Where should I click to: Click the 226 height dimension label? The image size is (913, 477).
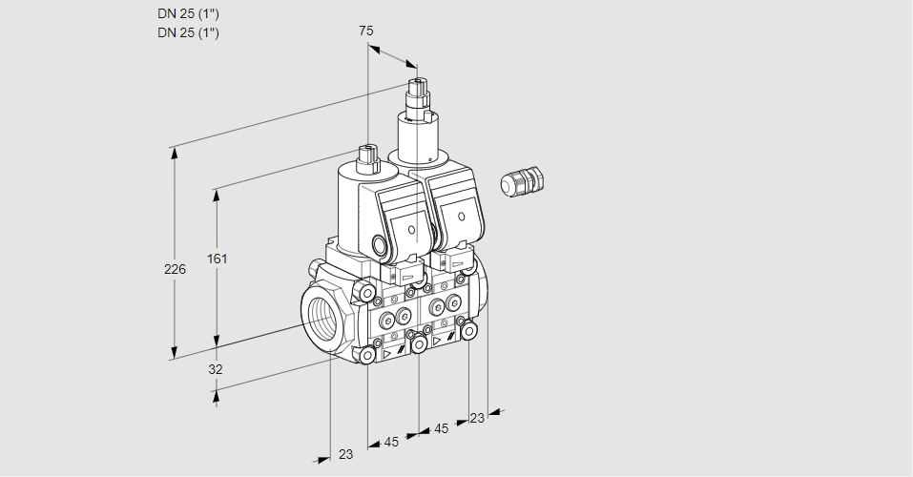pyautogui.click(x=175, y=271)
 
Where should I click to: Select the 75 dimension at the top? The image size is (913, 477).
pyautogui.click(x=365, y=31)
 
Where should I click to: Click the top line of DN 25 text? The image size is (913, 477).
pyautogui.click(x=188, y=14)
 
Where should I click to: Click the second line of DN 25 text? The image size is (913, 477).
pyautogui.click(x=188, y=32)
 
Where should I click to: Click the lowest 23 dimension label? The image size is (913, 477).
pyautogui.click(x=345, y=454)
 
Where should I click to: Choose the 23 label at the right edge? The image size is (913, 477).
pyautogui.click(x=477, y=418)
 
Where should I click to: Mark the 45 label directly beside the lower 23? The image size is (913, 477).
pyautogui.click(x=391, y=442)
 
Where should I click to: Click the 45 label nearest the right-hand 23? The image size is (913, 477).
pyautogui.click(x=441, y=428)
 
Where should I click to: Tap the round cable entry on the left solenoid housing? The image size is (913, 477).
pyautogui.click(x=384, y=245)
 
